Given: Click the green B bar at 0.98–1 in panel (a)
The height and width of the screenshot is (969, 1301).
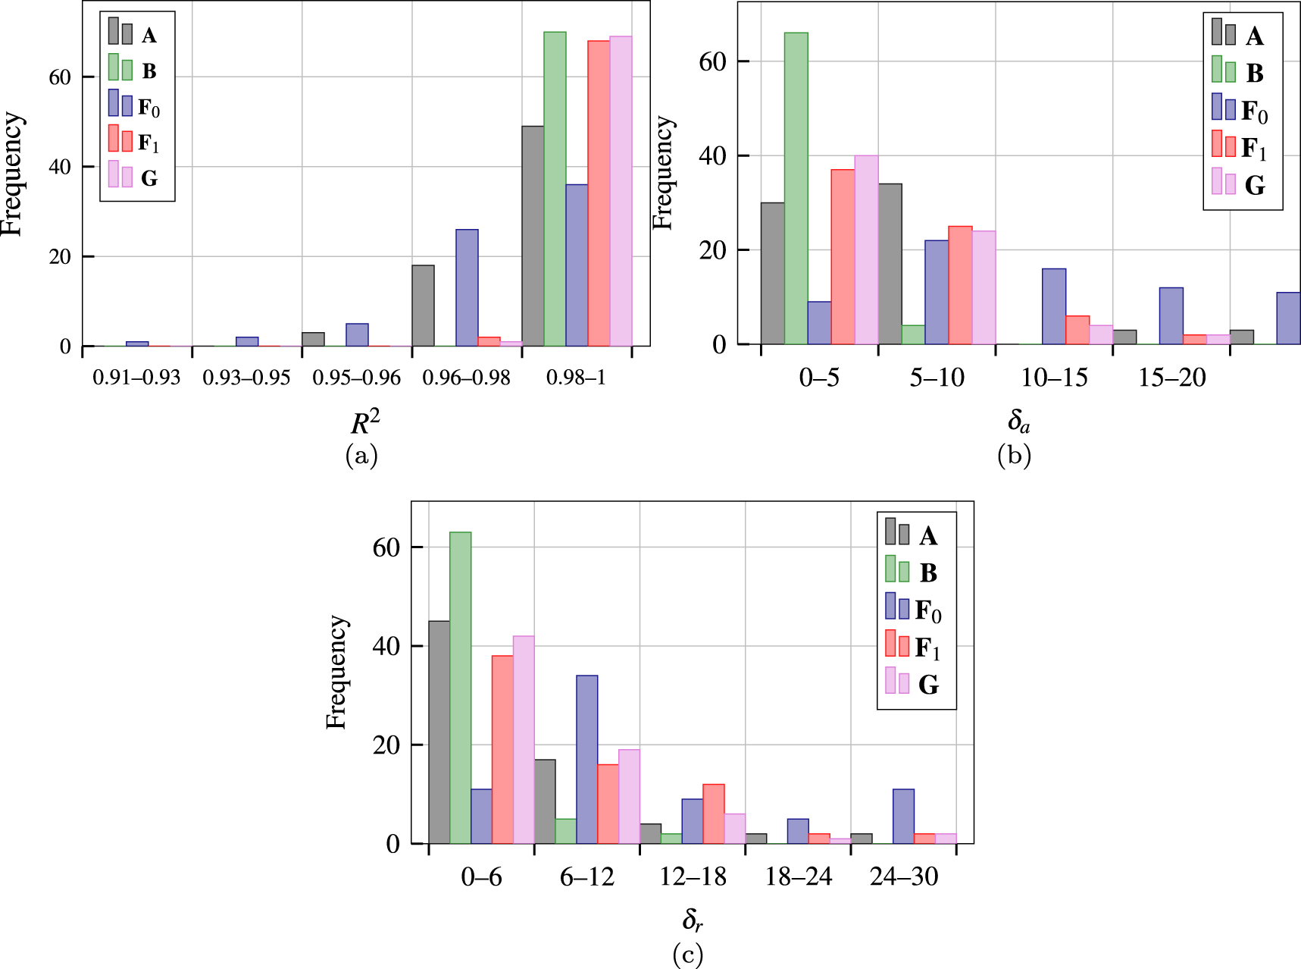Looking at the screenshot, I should tap(555, 190).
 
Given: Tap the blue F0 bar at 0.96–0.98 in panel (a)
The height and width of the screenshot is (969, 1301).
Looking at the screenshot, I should tap(467, 288).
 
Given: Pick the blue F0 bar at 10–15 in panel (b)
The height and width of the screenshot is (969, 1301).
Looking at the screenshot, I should tap(1054, 306).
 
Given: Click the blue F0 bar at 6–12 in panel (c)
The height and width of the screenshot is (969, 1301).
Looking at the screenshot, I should tap(586, 759).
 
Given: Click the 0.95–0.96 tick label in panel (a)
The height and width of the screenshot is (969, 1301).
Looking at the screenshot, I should tap(356, 378).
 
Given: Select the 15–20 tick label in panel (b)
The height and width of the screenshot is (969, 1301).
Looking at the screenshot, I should tap(1171, 378).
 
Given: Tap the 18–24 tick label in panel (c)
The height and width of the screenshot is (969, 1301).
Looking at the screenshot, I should tap(798, 877).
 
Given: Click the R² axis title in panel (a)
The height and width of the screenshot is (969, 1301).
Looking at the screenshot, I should tap(364, 422).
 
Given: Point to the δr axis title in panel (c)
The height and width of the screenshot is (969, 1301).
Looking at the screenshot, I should tap(692, 920).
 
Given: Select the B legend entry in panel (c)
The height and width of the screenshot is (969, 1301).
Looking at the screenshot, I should tap(915, 572).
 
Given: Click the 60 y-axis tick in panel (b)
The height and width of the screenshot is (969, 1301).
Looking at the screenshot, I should tap(713, 61).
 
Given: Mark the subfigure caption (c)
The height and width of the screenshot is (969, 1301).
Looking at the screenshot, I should tap(688, 955).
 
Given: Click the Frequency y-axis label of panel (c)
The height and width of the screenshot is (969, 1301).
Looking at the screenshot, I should tap(336, 673).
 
